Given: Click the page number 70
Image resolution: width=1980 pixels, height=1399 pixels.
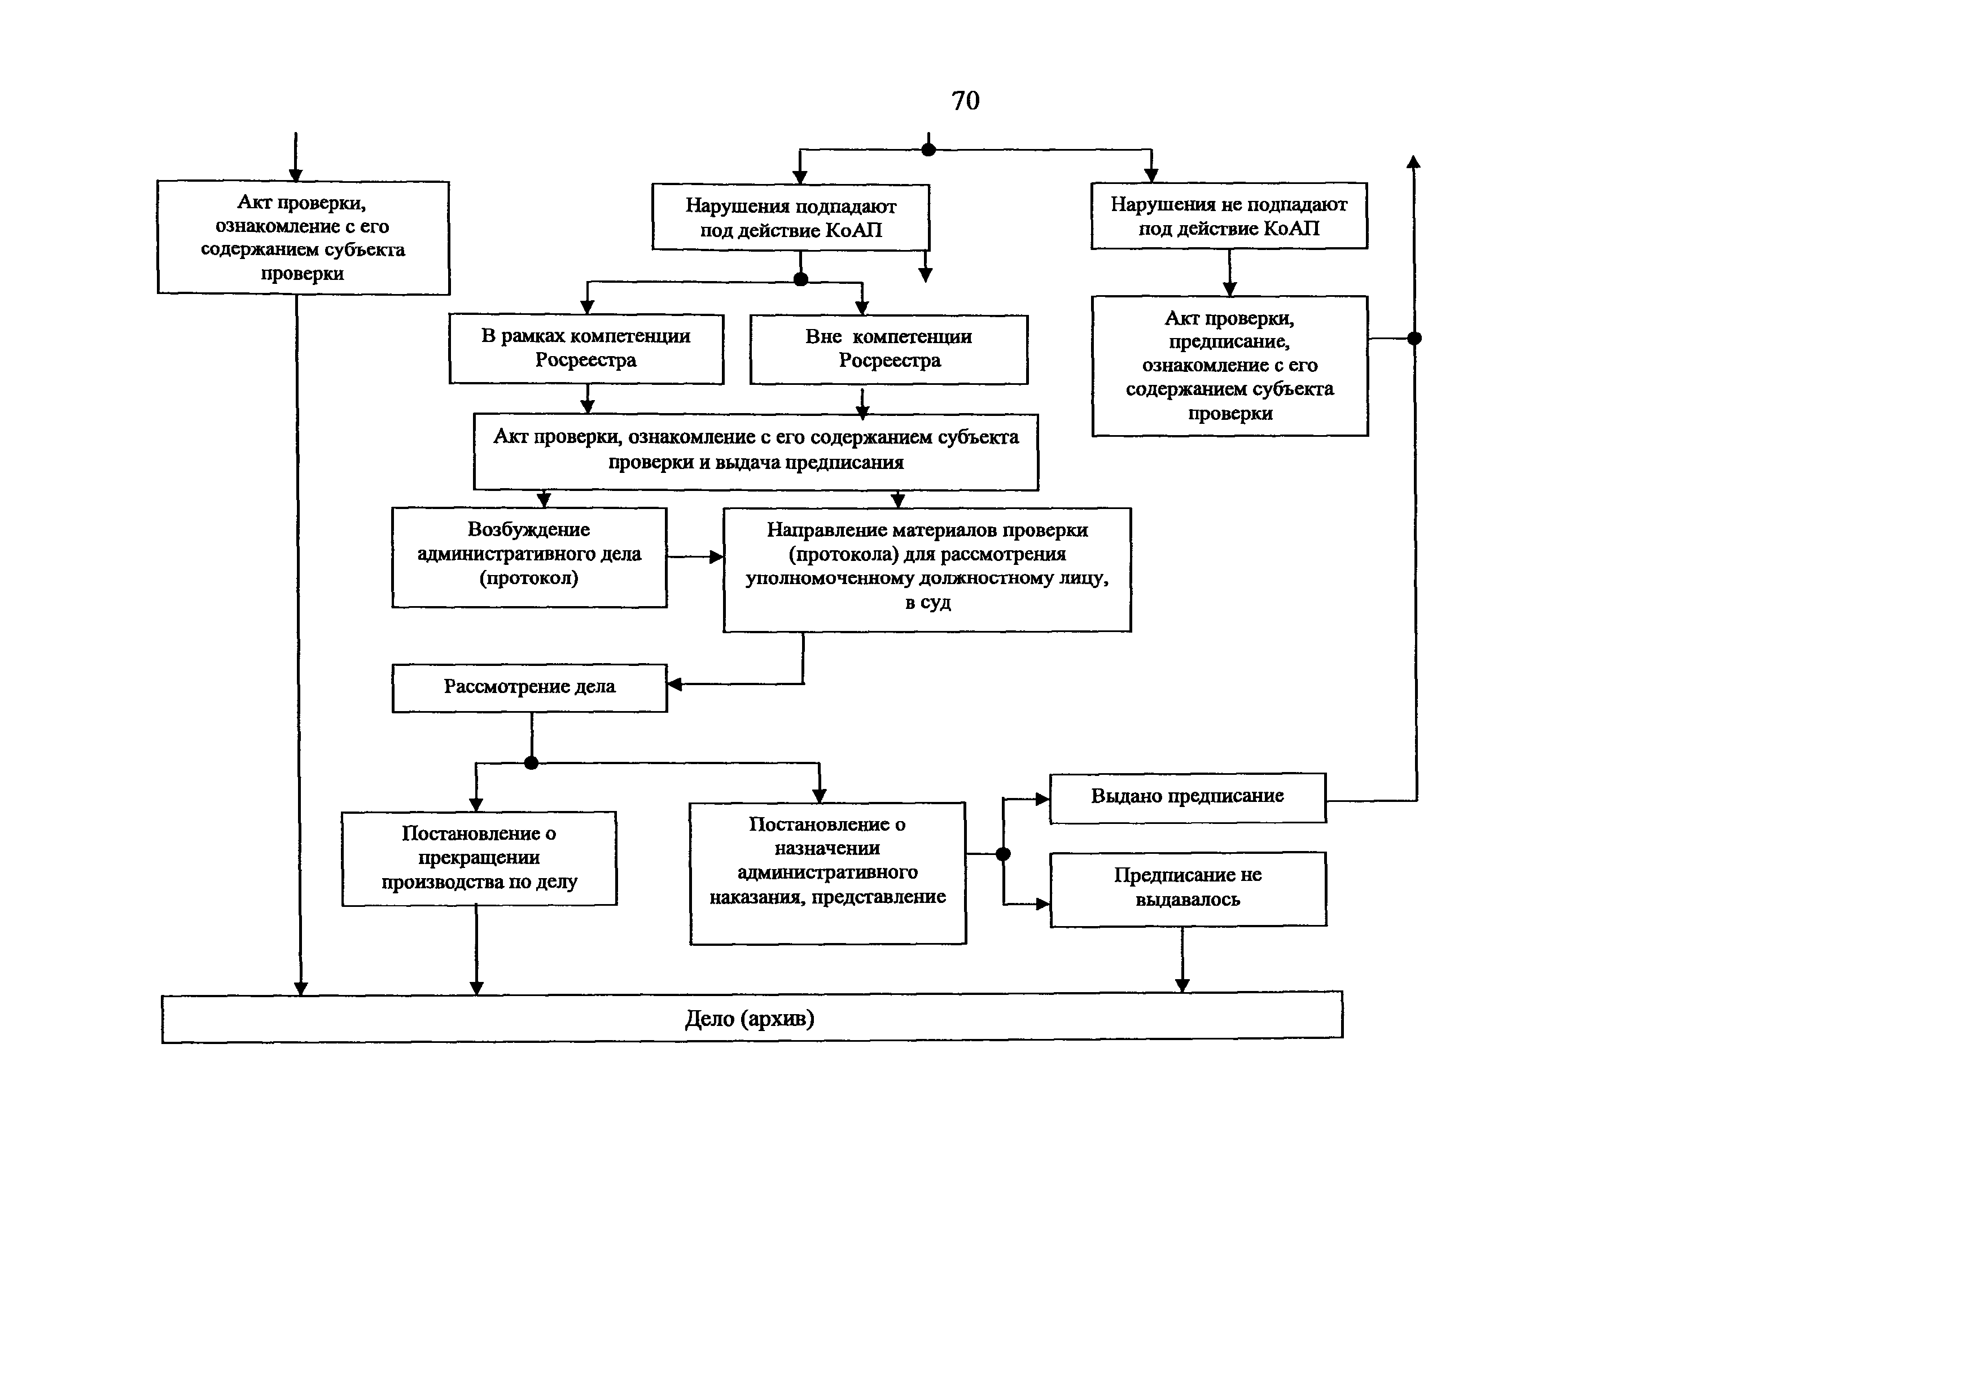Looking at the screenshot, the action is [x=965, y=101].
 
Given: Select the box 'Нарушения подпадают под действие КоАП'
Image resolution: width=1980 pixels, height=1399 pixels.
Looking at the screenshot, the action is [x=791, y=217].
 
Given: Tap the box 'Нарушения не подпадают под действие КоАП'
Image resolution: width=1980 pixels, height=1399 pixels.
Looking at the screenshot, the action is [x=1229, y=216].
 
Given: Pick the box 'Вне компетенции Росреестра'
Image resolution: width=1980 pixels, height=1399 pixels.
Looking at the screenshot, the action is [x=889, y=349].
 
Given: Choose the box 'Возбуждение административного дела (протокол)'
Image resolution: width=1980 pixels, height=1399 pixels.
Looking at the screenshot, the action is [x=529, y=557].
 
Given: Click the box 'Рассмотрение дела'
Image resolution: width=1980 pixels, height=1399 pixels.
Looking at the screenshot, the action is [x=529, y=688].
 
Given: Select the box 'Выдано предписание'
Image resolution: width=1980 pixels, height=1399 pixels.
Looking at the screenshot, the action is [x=1188, y=797].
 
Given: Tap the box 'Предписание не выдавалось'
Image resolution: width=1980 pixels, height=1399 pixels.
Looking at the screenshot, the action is [x=1188, y=889].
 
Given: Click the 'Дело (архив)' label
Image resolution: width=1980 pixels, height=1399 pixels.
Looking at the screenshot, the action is [x=750, y=1019].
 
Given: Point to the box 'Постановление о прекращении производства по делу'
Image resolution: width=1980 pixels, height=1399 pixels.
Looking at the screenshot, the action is [x=479, y=858].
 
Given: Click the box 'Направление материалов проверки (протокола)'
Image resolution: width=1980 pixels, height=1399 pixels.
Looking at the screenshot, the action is [x=927, y=570].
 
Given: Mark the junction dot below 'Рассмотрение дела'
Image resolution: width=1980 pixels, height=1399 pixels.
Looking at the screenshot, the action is [x=531, y=763].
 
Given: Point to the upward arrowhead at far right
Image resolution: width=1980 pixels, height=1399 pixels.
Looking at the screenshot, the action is [x=1413, y=161].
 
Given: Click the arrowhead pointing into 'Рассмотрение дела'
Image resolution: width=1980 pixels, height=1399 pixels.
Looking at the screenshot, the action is [x=675, y=685].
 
